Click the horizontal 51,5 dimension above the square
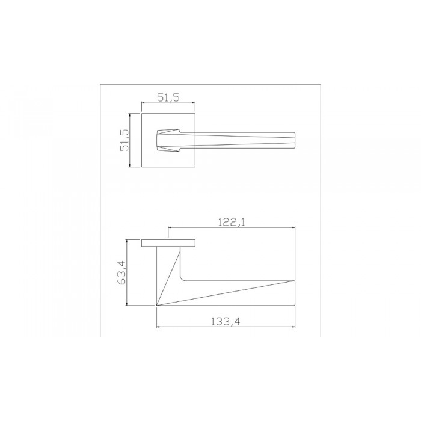coord(168,96)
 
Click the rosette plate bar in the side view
coord(170,243)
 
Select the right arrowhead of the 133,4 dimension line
coord(293,328)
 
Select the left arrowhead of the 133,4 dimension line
coord(158,328)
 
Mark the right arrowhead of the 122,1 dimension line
coord(293,228)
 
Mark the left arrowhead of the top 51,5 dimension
coord(143,103)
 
